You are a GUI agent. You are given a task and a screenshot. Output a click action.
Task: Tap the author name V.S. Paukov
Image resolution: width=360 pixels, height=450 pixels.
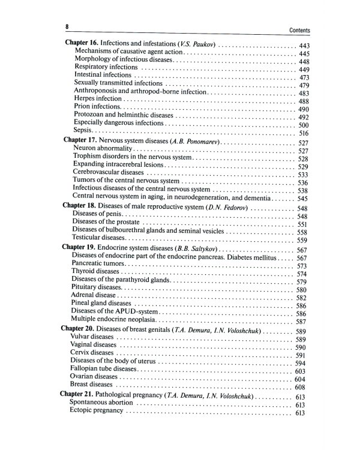pyautogui.click(x=198, y=46)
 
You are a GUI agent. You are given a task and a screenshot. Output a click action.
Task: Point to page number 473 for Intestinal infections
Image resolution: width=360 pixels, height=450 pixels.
pyautogui.click(x=303, y=78)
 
